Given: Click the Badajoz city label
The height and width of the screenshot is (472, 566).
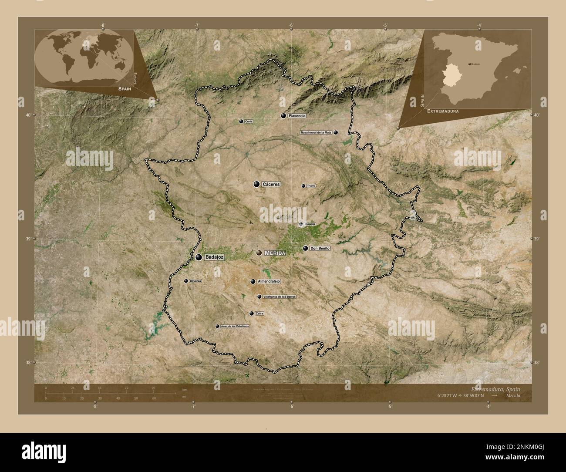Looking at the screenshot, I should [x=214, y=257].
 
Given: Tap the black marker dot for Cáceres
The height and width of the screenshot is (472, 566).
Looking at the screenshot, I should [x=257, y=184].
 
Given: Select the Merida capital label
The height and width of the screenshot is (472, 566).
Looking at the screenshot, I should [x=275, y=253].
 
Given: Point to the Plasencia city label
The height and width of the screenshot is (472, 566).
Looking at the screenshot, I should [x=296, y=116].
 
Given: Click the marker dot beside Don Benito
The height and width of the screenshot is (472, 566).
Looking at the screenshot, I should [x=305, y=249].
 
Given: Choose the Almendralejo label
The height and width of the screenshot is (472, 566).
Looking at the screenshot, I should [x=269, y=281].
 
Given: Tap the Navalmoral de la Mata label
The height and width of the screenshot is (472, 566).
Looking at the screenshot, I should [x=317, y=132].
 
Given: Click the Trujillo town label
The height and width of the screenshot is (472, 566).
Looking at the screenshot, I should [x=311, y=186].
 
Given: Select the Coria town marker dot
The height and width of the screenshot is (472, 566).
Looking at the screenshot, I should [x=241, y=121].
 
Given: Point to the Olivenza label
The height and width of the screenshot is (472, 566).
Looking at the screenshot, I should [x=195, y=281].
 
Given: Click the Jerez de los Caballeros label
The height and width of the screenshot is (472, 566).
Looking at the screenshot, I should [x=235, y=326].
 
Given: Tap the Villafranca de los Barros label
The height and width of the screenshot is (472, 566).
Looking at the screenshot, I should [x=280, y=297].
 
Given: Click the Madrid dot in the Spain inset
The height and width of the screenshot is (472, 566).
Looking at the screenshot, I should [x=469, y=64].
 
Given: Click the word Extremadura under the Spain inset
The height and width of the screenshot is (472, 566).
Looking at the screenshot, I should [x=443, y=111].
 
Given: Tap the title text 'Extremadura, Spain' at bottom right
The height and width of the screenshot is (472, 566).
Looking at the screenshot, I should [x=495, y=388].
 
